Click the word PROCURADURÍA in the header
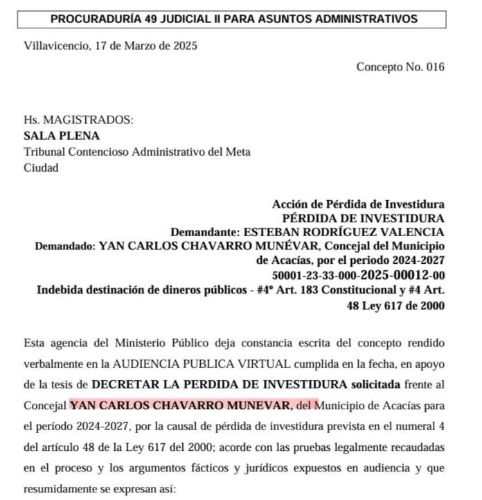tap(95, 19)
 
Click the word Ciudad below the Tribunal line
tap(41, 168)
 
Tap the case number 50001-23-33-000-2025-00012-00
tap(358, 275)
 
